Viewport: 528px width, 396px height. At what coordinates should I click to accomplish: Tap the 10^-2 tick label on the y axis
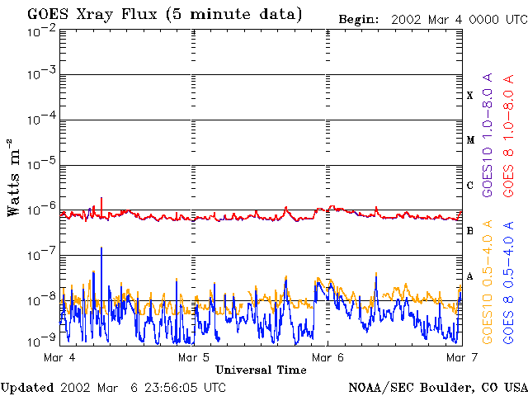click(41, 31)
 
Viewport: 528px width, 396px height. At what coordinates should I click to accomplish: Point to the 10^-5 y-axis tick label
click(41, 166)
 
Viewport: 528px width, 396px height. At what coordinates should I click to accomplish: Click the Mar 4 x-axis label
click(60, 357)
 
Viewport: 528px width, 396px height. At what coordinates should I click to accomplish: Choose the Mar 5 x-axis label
click(194, 357)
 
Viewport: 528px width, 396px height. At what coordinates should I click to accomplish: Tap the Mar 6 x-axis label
click(328, 357)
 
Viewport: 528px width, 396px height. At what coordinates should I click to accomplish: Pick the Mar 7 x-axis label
click(459, 357)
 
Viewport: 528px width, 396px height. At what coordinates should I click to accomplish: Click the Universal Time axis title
click(261, 370)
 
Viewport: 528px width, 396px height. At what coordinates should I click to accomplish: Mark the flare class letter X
click(470, 96)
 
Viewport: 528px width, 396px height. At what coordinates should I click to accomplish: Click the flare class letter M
click(470, 140)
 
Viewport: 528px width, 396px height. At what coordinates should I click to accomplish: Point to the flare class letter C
click(470, 186)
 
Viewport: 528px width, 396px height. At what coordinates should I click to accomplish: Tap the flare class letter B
click(470, 231)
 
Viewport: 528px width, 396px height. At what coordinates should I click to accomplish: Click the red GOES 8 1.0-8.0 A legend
click(509, 148)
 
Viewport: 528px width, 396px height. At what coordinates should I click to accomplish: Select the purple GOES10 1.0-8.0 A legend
click(488, 148)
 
